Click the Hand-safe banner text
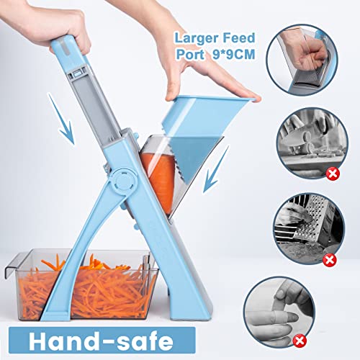pos(99,340)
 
